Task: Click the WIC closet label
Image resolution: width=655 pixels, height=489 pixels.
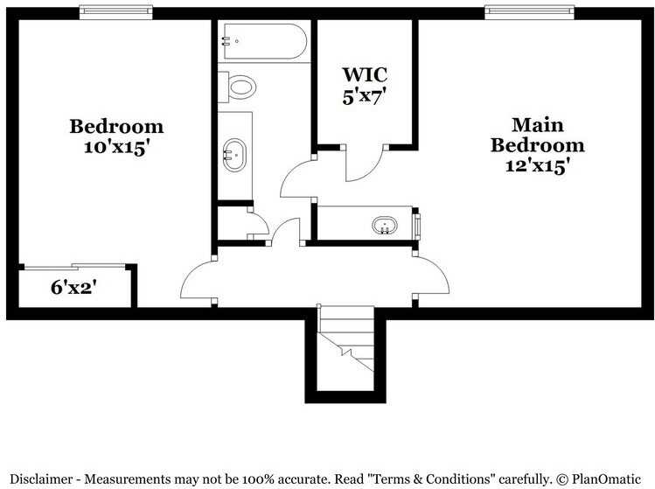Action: (365, 73)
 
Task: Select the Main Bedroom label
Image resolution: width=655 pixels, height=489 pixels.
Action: (537, 135)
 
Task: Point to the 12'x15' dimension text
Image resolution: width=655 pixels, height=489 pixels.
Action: (537, 165)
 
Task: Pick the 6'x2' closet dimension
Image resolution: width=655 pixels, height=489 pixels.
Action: (73, 286)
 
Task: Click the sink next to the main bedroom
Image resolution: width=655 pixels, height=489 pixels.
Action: (385, 226)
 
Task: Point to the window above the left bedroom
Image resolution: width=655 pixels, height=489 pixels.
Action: (116, 12)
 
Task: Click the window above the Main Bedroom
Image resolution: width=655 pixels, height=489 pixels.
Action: (531, 12)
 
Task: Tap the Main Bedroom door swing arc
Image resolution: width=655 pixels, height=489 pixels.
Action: (432, 278)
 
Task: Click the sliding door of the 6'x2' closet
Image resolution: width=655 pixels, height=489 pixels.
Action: (76, 266)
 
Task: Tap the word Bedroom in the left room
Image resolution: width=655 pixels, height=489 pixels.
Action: (116, 126)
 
